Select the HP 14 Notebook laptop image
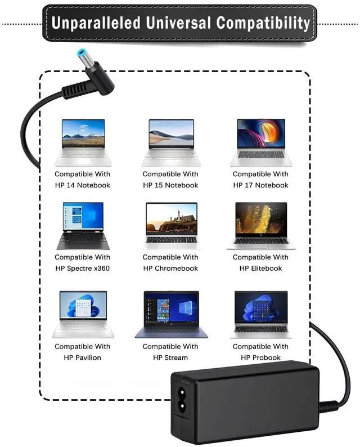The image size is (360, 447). [x=83, y=142]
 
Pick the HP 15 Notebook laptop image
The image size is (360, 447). [x=171, y=142]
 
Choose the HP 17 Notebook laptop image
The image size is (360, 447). [x=260, y=142]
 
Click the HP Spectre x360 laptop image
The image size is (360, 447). [x=83, y=225]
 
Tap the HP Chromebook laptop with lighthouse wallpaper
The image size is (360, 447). [x=171, y=225]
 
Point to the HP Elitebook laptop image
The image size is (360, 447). [x=260, y=225]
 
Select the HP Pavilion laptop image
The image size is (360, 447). [x=83, y=314]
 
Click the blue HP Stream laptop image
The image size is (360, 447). [x=171, y=314]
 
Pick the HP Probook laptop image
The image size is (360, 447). [x=260, y=314]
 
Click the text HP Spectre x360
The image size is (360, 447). [x=83, y=269]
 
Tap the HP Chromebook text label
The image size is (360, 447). [x=170, y=269]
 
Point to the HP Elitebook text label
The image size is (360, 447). [x=260, y=269]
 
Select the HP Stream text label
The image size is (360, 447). [x=170, y=357]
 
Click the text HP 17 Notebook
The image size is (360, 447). [x=260, y=185]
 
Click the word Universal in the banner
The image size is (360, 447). [x=180, y=23]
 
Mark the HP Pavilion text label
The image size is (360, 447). [x=83, y=357]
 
